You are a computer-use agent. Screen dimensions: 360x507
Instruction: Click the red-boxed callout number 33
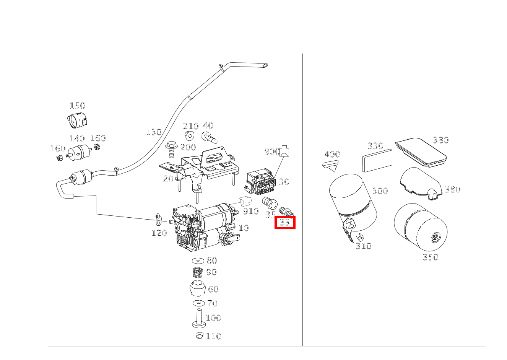(x=285, y=222)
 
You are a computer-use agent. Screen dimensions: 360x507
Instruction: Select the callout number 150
(x=77, y=106)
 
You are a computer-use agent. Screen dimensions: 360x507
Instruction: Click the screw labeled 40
(x=209, y=137)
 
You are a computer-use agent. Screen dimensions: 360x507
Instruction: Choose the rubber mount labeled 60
(x=198, y=288)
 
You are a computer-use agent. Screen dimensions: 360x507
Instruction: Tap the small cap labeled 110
(x=199, y=336)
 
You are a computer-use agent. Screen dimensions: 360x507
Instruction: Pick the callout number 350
(x=430, y=257)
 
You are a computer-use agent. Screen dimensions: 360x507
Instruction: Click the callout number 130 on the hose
(x=154, y=132)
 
